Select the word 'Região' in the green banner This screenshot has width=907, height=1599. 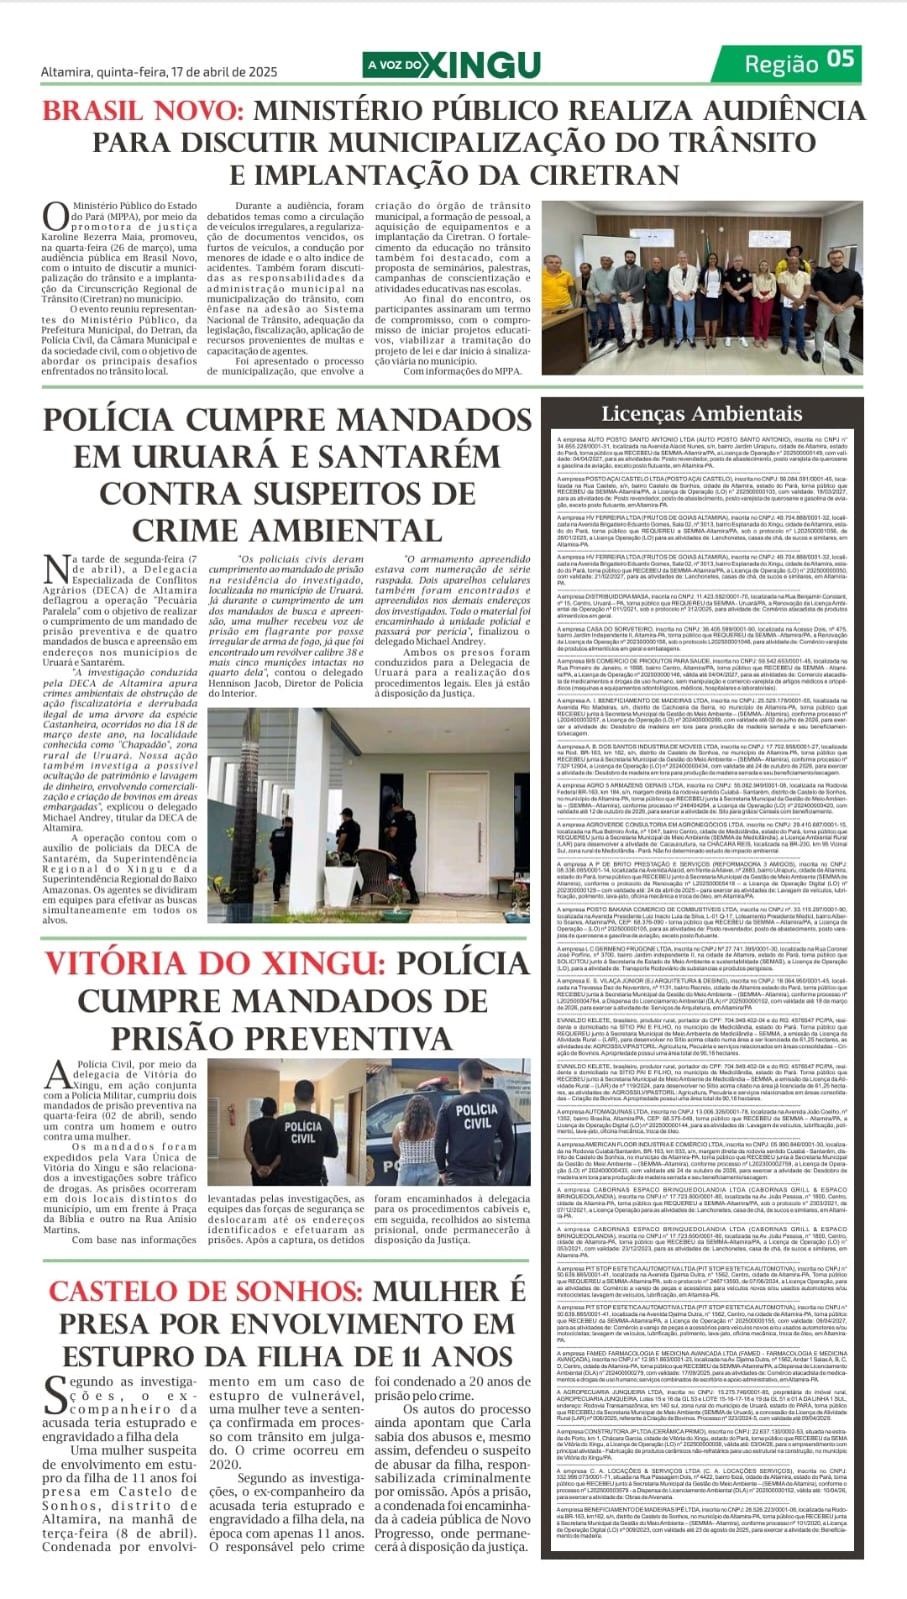(x=781, y=64)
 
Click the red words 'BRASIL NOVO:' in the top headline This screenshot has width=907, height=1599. (x=143, y=109)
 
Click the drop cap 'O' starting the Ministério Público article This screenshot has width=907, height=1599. (x=55, y=216)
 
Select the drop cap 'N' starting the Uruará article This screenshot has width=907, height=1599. (x=57, y=570)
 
